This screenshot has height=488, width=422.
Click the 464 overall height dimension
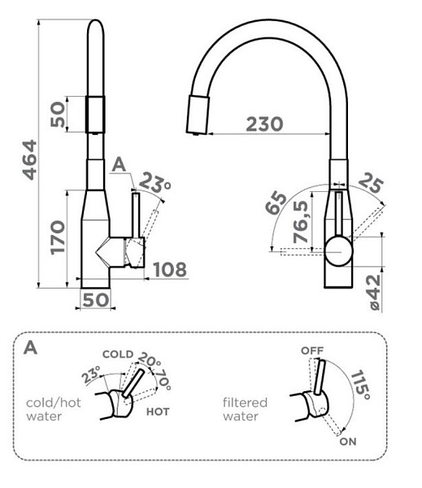point(30,160)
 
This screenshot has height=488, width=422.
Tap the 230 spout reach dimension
point(264,124)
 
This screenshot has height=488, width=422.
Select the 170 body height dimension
point(58,237)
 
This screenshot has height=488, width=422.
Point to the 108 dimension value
point(170,269)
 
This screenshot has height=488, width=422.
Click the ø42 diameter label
point(375,292)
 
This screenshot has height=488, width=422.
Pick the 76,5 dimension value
point(301,221)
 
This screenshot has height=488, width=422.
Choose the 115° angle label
point(360,386)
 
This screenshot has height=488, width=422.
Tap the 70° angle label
point(163,379)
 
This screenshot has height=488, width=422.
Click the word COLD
point(118,355)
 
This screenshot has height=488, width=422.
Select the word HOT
point(158,412)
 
